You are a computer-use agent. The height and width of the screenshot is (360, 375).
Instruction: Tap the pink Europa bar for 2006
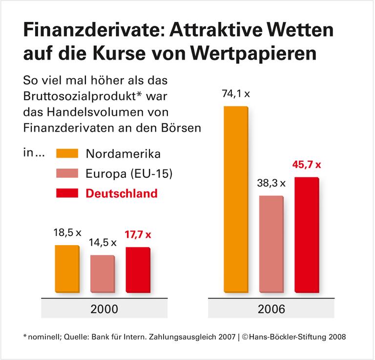(x=271, y=244)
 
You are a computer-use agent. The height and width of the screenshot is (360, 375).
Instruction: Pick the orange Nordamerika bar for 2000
(x=67, y=269)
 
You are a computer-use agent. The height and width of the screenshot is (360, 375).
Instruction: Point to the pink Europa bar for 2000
(x=103, y=274)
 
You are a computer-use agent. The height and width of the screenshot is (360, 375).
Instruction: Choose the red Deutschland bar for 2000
(x=138, y=270)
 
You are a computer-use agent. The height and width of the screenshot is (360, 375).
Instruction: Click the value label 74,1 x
(x=235, y=95)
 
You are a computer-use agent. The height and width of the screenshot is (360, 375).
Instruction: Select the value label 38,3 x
(x=271, y=184)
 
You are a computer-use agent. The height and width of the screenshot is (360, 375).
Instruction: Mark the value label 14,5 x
(x=103, y=242)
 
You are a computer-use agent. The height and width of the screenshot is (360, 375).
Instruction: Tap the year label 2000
(x=103, y=309)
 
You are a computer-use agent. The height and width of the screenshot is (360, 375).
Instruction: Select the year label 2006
(x=272, y=309)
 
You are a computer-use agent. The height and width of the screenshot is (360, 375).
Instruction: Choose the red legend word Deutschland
(x=122, y=193)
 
